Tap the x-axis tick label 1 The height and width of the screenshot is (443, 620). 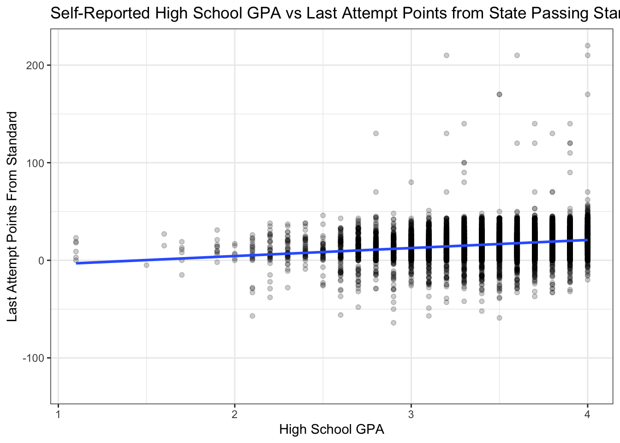point(58,414)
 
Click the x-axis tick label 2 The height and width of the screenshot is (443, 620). point(234,414)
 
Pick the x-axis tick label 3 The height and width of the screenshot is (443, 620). point(411,414)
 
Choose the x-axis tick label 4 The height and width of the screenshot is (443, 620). point(587,414)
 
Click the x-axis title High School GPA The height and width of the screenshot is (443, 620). point(331,430)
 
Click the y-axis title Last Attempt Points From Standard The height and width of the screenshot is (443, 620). point(12,216)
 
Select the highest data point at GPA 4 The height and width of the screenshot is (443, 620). point(587,46)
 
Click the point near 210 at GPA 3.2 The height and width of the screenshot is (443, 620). point(446,55)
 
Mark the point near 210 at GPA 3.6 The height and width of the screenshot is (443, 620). point(517,55)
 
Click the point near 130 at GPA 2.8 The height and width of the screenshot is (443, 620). point(376,133)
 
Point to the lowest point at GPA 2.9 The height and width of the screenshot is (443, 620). point(393,323)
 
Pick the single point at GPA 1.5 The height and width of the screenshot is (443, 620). point(146,265)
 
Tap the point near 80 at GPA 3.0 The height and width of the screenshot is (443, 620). point(411,182)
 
